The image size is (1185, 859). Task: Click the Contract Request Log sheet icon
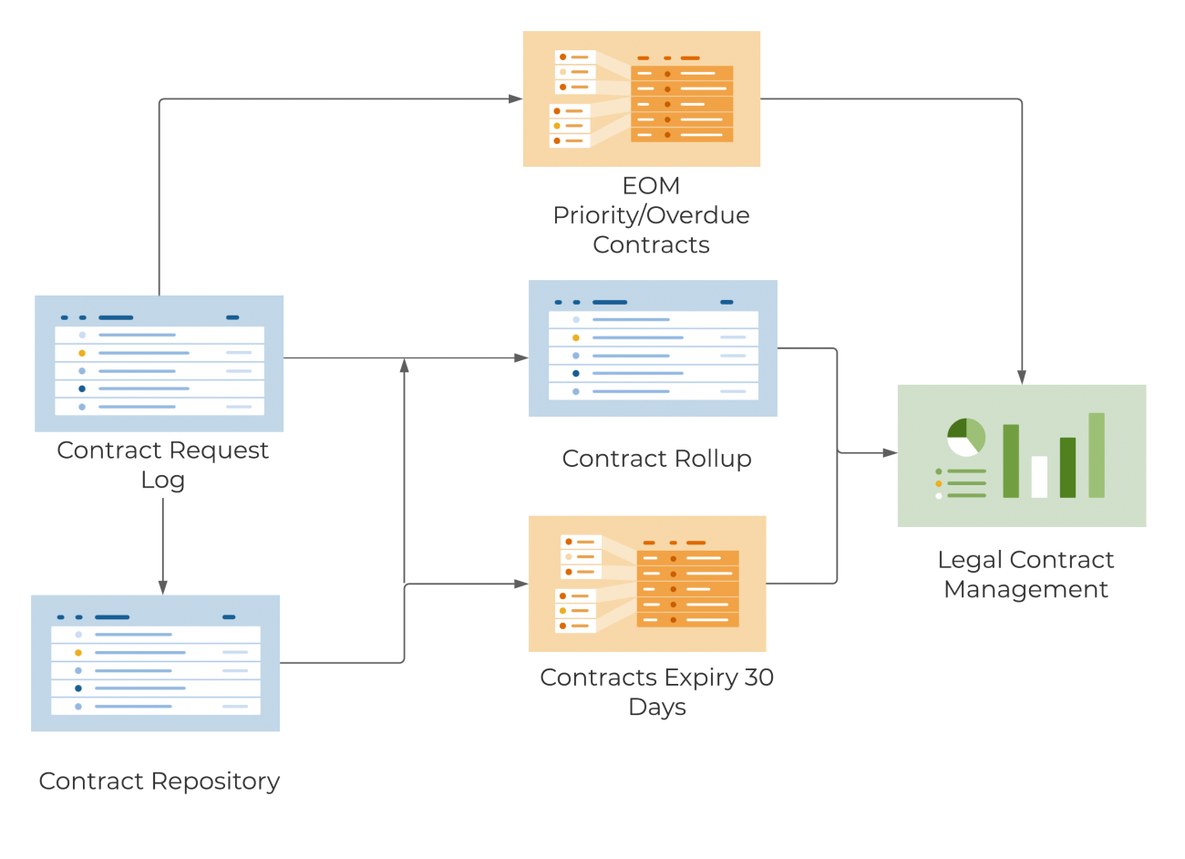pos(160,364)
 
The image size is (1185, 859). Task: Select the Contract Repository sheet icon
pos(156,663)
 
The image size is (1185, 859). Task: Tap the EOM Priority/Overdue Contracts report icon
pos(642,99)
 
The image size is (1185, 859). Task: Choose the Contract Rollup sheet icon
pos(653,348)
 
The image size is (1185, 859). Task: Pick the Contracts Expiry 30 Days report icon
pos(647,584)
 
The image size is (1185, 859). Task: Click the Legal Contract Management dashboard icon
pos(1022,455)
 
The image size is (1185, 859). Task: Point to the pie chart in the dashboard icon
pos(966,437)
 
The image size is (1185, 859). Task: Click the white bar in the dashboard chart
pos(1039,476)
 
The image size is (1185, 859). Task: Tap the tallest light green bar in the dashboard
pos(1097,455)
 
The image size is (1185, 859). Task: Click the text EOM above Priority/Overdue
pos(651,186)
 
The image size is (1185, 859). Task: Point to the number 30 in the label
pos(758,678)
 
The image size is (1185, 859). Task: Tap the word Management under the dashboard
pos(1025,590)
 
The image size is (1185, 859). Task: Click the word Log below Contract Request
pos(162,480)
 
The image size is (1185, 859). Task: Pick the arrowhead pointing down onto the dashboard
pos(1022,376)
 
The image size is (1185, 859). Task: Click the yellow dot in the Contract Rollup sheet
pos(576,338)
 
